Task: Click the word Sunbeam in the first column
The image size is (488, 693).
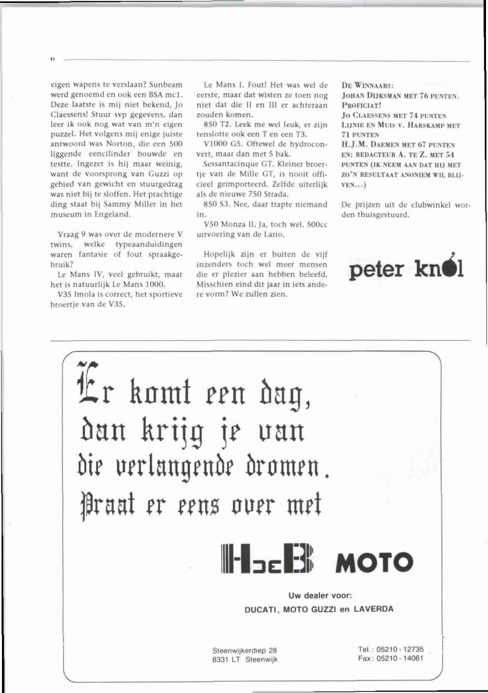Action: point(166,85)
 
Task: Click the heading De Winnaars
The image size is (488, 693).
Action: point(367,85)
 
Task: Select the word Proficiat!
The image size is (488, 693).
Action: point(361,105)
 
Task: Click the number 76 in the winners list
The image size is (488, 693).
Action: point(423,96)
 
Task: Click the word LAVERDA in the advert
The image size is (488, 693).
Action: point(373,609)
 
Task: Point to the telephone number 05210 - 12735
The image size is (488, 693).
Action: point(400,649)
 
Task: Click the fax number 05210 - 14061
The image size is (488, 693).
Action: point(400,658)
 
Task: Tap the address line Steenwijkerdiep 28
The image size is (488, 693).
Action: point(244,651)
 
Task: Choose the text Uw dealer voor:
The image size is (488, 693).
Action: point(320,596)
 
